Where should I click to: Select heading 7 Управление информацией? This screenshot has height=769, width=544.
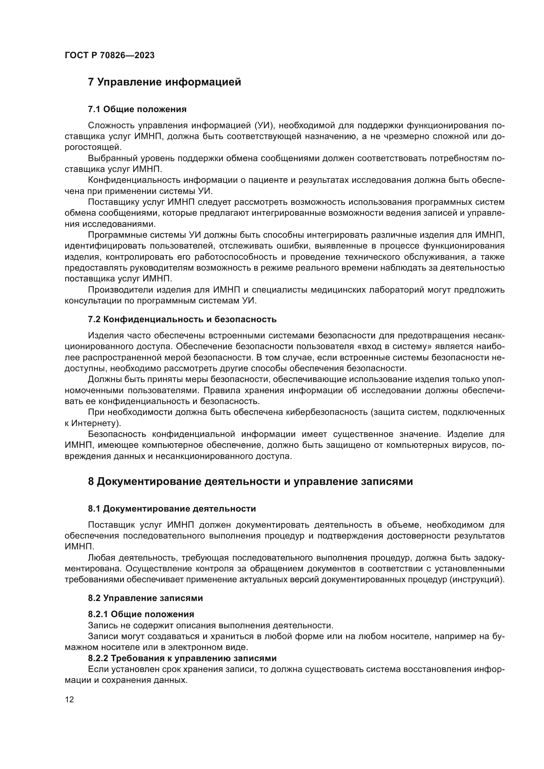tap(164, 82)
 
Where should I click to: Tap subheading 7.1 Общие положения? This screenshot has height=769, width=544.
tap(137, 109)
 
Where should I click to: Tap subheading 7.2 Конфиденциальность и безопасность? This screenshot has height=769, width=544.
tap(182, 319)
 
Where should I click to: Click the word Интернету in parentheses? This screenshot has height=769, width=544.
tap(95, 423)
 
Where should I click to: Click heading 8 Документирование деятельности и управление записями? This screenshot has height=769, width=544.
tap(250, 482)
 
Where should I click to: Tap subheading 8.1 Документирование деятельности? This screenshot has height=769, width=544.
tap(171, 509)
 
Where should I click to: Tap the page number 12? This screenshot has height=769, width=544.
tap(69, 699)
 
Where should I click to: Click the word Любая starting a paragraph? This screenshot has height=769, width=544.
tap(102, 558)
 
